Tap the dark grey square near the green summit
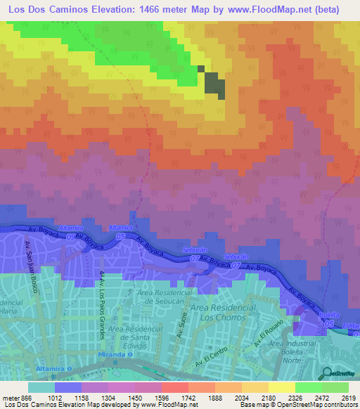[x=214, y=86]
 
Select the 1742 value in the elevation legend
[x=174, y=398]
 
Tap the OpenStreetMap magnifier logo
[x=326, y=373]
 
